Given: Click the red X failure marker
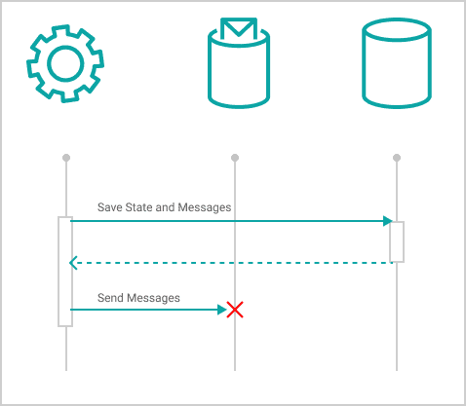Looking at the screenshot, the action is point(235,310).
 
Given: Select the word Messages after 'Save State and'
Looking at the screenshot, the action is point(205,207).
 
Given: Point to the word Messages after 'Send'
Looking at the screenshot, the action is point(153,298).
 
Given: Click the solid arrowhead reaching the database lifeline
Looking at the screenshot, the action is point(388,221).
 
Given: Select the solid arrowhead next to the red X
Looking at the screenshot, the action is point(222,310).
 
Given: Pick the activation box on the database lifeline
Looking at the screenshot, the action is point(397,241).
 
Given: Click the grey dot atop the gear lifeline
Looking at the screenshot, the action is point(66,158).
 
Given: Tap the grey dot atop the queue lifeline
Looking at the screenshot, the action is point(235,158).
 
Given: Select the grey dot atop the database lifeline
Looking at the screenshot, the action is point(397,158).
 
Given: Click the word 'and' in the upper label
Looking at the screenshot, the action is point(166,207).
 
